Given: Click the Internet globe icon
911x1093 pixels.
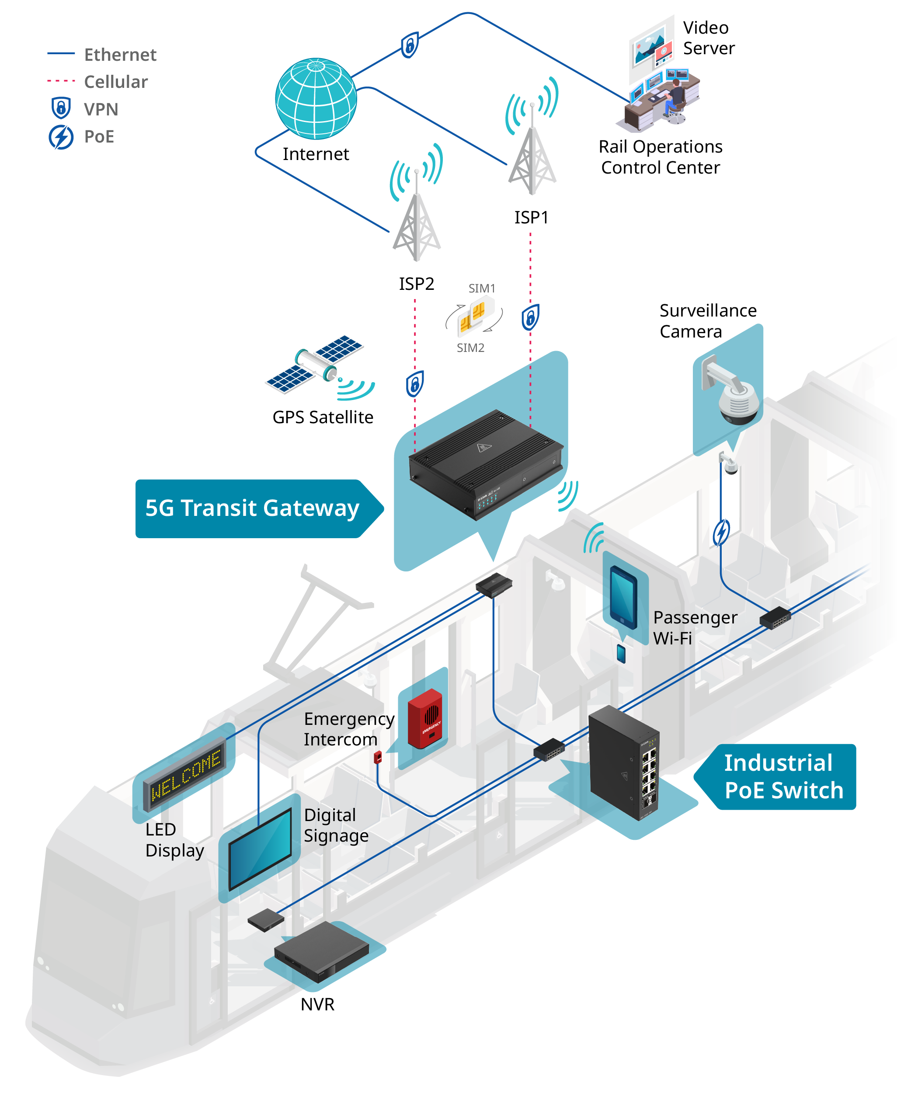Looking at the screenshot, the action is tap(316, 98).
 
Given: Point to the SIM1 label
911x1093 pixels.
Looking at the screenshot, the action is tap(482, 289).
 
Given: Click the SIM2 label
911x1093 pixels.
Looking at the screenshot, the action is tap(470, 348).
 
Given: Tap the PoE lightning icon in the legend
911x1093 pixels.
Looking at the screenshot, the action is tap(61, 137).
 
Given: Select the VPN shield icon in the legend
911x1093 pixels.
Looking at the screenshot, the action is tap(61, 108).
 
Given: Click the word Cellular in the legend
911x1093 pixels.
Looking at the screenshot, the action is tap(116, 82).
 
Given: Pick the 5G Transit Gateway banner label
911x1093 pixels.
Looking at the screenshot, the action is tap(259, 508).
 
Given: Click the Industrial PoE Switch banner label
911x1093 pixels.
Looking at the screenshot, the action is tap(775, 776).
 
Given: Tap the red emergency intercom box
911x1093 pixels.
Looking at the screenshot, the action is tap(425, 719).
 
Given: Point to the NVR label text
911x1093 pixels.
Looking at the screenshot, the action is tap(317, 1004).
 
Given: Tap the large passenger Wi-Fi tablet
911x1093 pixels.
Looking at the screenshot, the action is tap(624, 597).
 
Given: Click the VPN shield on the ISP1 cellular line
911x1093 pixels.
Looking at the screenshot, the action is tap(530, 317).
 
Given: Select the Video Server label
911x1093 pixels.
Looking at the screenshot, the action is tap(709, 38).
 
